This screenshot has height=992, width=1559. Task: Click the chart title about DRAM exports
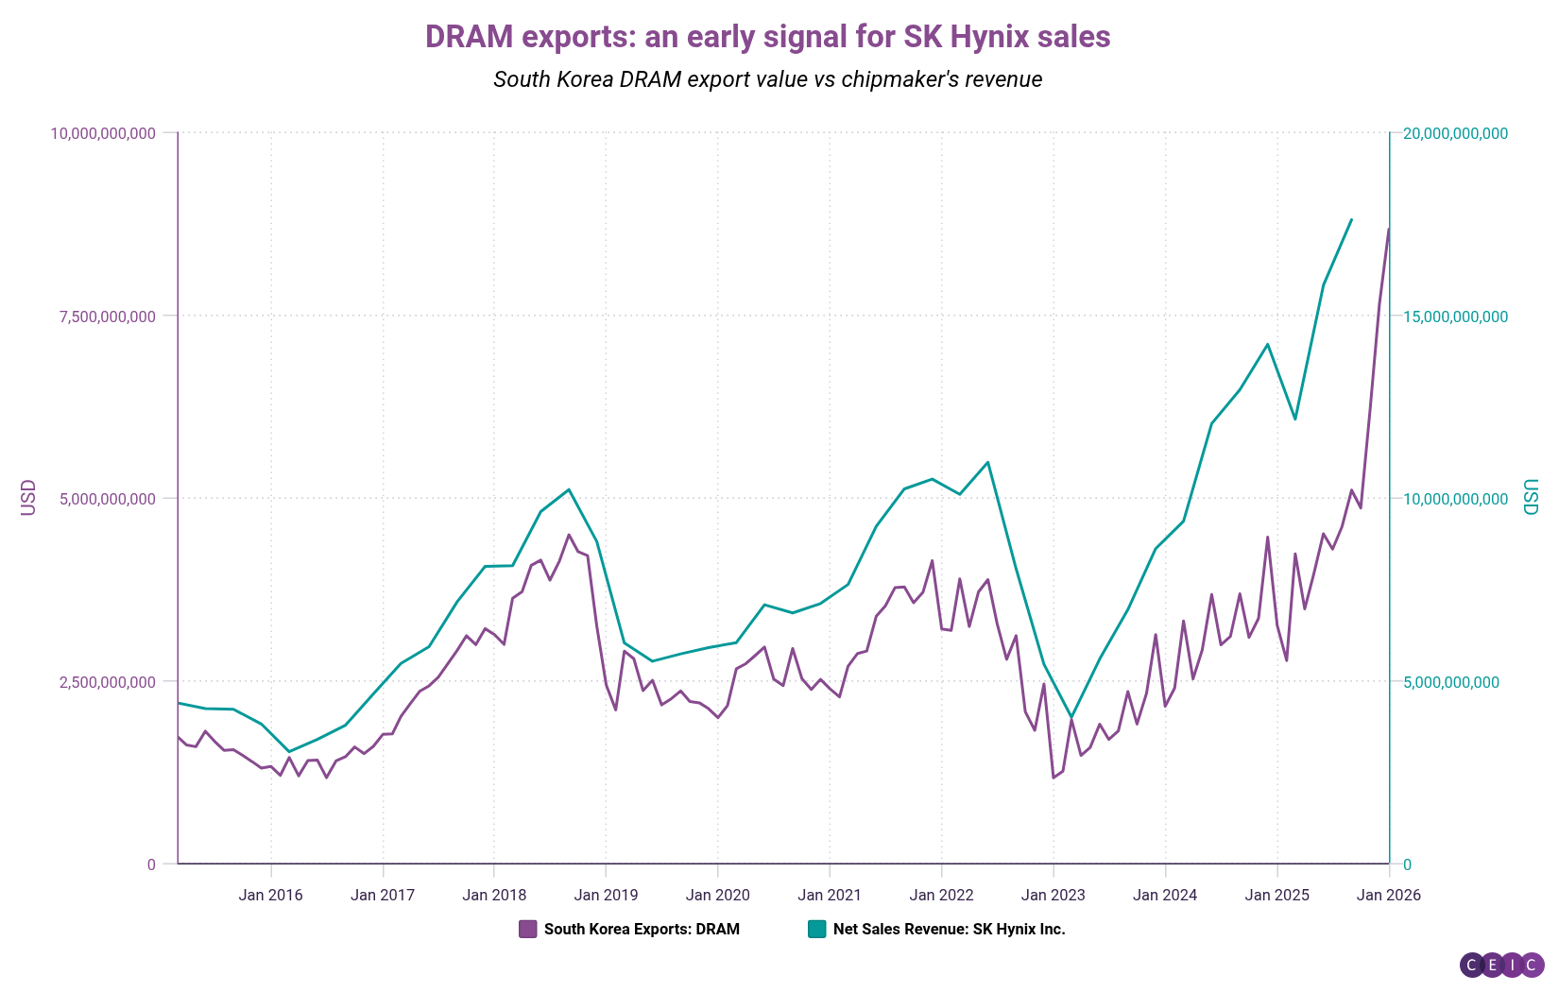click(767, 37)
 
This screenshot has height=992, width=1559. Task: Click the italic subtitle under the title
click(767, 79)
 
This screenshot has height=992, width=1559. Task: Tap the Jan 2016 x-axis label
click(271, 895)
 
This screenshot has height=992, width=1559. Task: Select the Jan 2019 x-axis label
click(607, 895)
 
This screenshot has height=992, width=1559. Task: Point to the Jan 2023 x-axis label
click(1054, 895)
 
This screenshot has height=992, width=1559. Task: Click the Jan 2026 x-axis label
click(1388, 895)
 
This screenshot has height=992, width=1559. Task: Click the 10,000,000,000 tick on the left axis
click(103, 133)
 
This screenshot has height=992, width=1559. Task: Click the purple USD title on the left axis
click(28, 498)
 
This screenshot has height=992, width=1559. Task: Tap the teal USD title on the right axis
click(1531, 498)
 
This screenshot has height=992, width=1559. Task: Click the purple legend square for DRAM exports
click(528, 929)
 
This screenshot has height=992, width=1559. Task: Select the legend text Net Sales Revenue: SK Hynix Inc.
click(949, 929)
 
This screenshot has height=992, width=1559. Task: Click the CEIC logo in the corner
click(1501, 965)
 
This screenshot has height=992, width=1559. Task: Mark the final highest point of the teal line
click(1351, 219)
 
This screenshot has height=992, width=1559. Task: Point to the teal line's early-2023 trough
click(1071, 717)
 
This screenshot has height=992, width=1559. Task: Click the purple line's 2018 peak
click(569, 535)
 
